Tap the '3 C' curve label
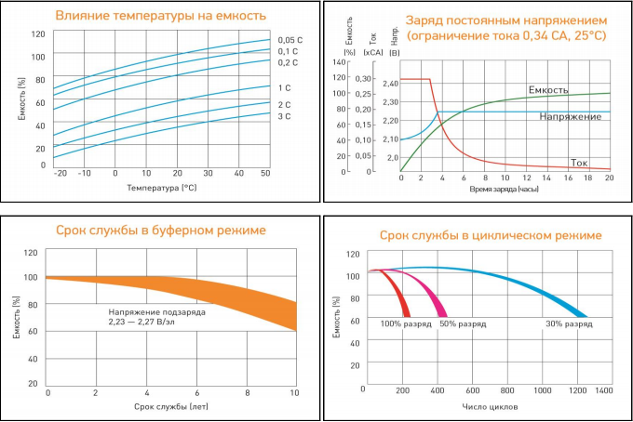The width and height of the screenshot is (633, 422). coord(284,116)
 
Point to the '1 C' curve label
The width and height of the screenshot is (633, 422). coord(284,87)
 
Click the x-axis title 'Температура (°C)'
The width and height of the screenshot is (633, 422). coord(161,189)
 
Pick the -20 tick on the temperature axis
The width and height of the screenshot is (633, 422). coord(61,174)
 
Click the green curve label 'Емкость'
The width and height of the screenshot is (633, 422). coord(547,90)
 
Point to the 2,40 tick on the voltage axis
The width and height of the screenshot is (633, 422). coord(389,84)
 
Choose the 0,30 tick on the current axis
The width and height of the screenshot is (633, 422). coord(362,79)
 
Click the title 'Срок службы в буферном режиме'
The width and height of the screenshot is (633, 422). coord(161,230)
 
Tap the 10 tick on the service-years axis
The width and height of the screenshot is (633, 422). coord(295,393)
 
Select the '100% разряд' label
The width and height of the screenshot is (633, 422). coord(403,323)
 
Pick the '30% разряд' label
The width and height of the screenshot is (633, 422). coord(568,323)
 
